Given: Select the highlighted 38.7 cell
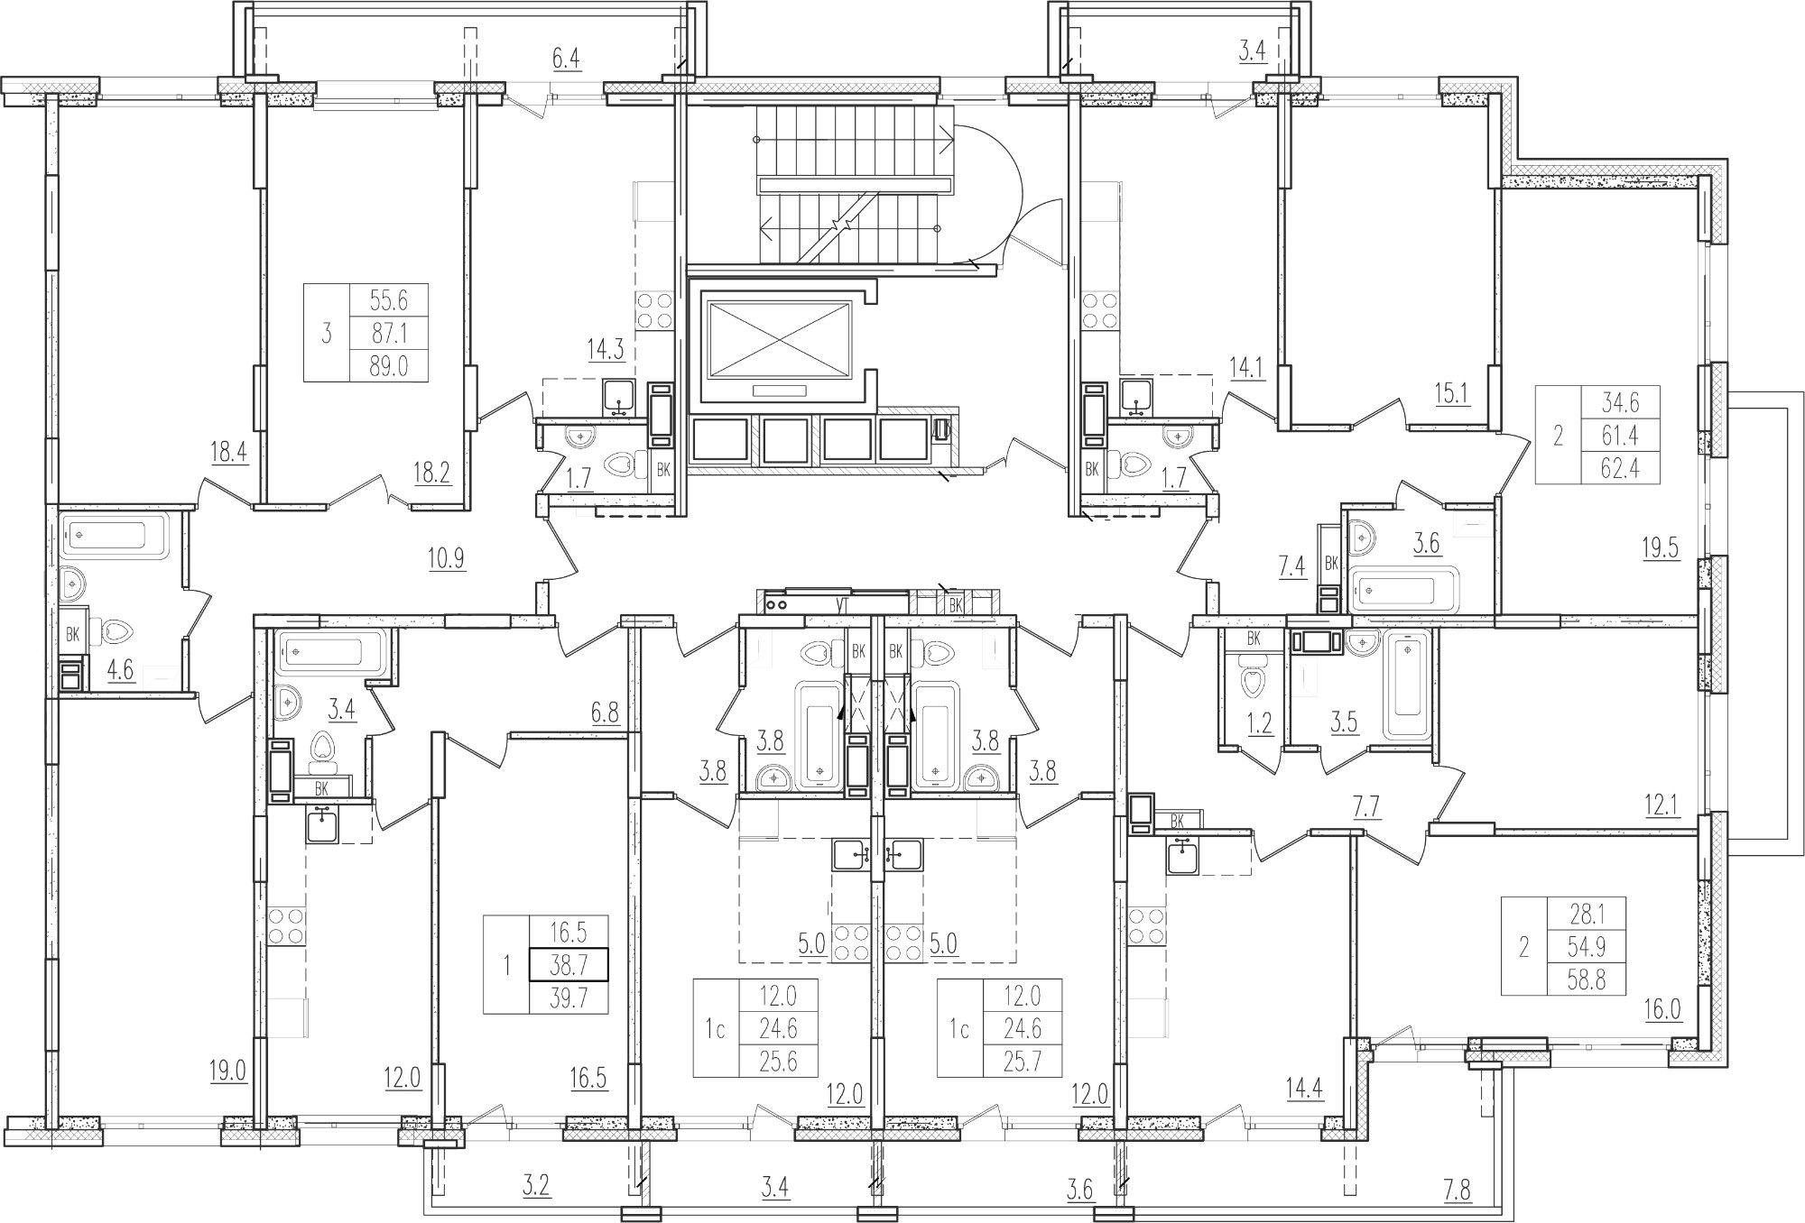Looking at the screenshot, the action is coord(569,965).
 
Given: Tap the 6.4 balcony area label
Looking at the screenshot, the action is coord(566,60).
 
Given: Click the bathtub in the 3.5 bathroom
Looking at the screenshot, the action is coord(1407,685).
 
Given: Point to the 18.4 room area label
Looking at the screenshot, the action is coord(229,451).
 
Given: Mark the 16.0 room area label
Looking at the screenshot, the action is coord(1662,1008).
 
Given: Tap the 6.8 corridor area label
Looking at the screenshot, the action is coord(605,713).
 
